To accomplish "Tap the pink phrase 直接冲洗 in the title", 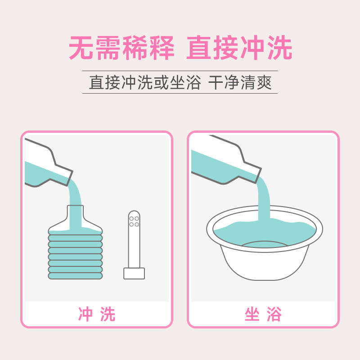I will pyautogui.click(x=239, y=48).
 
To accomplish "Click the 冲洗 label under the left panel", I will pyautogui.click(x=97, y=315).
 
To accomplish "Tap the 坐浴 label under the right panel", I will pyautogui.click(x=263, y=315).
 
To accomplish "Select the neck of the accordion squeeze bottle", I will pyautogui.click(x=75, y=214).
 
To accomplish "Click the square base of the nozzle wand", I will pyautogui.click(x=134, y=273).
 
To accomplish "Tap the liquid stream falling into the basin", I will pyautogui.click(x=263, y=202).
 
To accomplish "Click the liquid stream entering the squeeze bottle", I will pyautogui.click(x=75, y=193).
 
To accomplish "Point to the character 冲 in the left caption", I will pyautogui.click(x=85, y=315).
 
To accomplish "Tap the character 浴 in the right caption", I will pyautogui.click(x=274, y=315).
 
